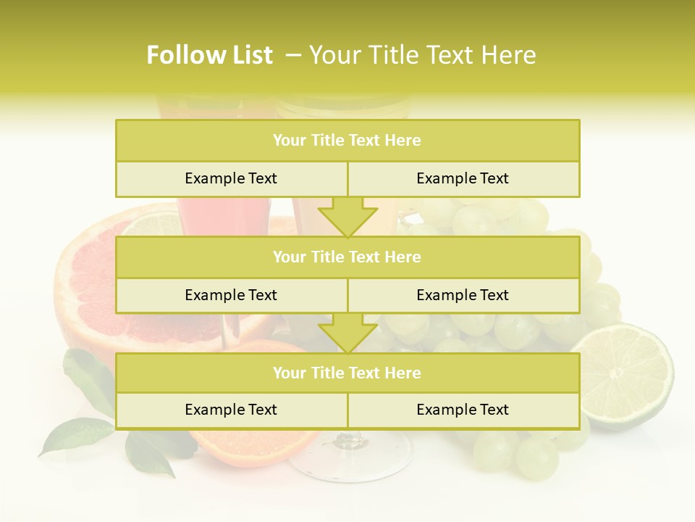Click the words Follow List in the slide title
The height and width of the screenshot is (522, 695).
[x=210, y=55]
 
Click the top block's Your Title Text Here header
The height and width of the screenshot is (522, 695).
[x=347, y=141]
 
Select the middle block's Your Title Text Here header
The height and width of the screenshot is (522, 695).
[x=347, y=257]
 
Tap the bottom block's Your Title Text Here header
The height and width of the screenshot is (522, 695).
[x=347, y=373]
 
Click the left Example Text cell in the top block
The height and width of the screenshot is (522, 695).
[x=231, y=178]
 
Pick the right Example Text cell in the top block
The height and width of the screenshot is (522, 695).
[x=463, y=178]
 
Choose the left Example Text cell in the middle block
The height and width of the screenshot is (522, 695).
[x=231, y=295]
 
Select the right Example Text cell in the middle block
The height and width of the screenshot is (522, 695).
[x=463, y=295]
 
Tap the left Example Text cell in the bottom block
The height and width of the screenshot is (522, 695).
[x=231, y=410]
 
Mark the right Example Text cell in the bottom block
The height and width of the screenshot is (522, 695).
[x=463, y=410]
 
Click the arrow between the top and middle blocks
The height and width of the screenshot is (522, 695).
[x=347, y=217]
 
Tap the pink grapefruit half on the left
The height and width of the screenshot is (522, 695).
[x=87, y=283]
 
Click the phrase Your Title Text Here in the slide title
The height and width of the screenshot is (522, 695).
[x=423, y=55]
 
